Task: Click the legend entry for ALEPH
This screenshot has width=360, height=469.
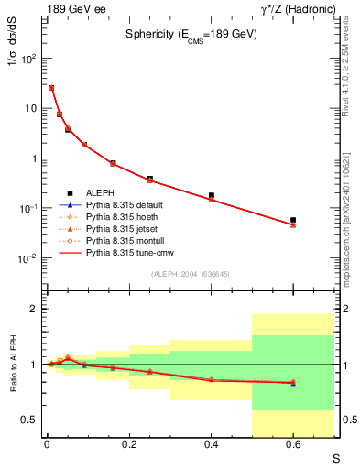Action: [101, 191]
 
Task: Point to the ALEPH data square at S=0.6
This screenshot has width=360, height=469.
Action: [293, 220]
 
